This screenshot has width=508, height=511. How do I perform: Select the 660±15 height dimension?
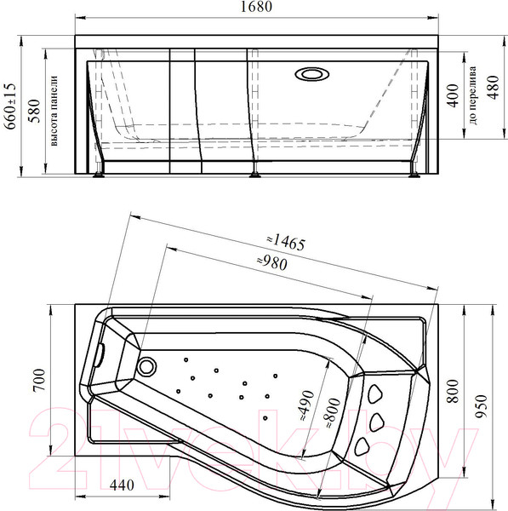(x=10, y=105)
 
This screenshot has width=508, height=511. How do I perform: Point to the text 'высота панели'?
(x=53, y=111)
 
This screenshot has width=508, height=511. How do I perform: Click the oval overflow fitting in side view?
(x=311, y=73)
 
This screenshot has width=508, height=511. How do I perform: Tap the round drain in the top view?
(x=147, y=367)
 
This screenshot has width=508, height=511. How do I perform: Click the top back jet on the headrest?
(x=374, y=393)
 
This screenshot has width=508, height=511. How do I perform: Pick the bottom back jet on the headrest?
(x=365, y=445)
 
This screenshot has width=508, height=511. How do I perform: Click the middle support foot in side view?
(x=254, y=175)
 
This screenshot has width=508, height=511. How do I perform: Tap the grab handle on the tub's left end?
(x=100, y=352)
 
